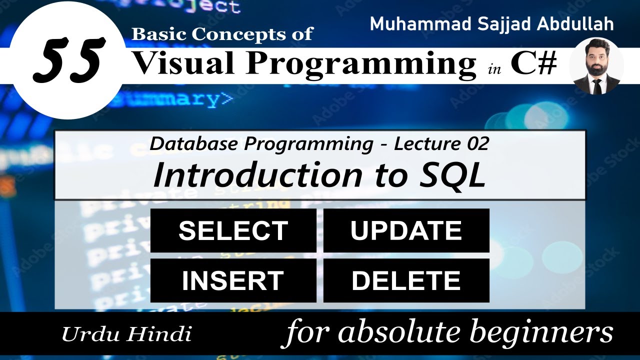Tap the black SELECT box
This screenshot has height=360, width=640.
point(233,230)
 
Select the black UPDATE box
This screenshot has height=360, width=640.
point(406,230)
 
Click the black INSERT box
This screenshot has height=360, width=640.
point(233,280)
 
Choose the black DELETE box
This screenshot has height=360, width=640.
point(406,280)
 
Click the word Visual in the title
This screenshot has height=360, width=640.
point(184,64)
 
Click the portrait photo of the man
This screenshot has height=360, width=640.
point(596,66)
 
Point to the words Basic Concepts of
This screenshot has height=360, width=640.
point(222,34)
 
